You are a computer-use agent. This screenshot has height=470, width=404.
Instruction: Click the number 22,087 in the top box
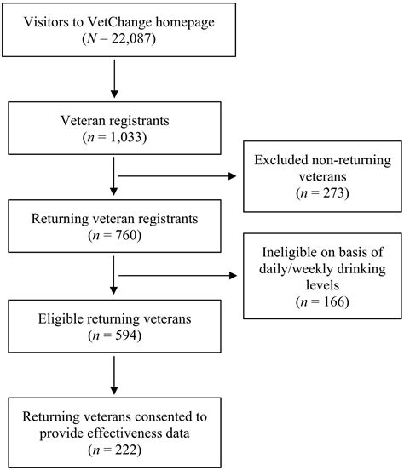click(131, 38)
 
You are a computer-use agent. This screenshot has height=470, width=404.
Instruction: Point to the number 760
click(126, 235)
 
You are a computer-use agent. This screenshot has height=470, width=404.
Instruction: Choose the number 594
click(126, 335)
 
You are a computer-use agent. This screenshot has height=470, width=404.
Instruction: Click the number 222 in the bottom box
click(126, 450)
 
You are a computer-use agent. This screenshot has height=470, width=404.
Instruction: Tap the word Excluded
click(281, 160)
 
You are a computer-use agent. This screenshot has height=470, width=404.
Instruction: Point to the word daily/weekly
click(297, 269)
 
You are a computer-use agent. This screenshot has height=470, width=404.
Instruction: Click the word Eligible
click(61, 318)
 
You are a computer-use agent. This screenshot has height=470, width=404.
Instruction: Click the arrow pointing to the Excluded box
click(177, 176)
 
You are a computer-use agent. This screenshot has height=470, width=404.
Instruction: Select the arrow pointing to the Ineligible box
click(177, 276)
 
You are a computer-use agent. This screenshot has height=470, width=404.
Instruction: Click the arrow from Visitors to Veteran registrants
click(114, 79)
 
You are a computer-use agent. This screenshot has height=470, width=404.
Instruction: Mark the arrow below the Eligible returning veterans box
click(114, 375)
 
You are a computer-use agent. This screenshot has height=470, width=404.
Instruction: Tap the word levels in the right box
click(322, 285)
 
